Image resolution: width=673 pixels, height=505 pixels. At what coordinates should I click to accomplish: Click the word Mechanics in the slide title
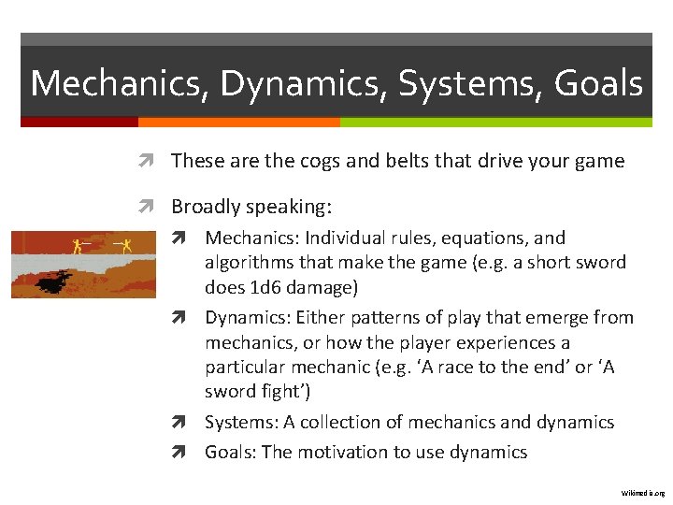tap(120, 83)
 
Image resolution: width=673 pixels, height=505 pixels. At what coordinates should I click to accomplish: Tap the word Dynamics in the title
tap(305, 83)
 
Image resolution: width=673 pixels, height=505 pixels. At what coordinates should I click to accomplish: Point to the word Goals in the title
tap(598, 83)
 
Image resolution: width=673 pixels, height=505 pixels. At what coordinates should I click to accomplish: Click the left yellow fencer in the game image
tap(78, 247)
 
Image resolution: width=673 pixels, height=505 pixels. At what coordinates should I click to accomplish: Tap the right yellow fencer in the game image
tap(125, 246)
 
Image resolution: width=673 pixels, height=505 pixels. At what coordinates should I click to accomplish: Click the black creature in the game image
tap(58, 278)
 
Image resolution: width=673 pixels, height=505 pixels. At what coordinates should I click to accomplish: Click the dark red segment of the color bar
tap(79, 122)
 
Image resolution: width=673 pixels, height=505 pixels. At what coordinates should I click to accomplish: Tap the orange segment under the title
tap(238, 122)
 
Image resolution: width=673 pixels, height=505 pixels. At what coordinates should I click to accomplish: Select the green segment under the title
tap(495, 122)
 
